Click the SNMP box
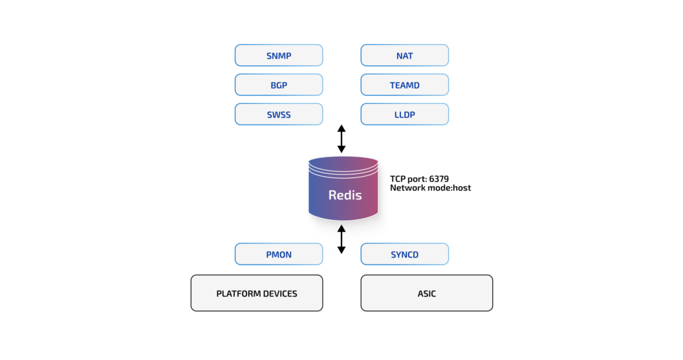click(279, 55)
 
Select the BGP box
click(279, 85)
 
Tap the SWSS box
click(279, 115)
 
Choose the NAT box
click(404, 55)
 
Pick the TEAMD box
click(404, 85)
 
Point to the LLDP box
click(404, 115)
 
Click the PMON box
click(279, 255)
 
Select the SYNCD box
click(404, 255)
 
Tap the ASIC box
click(426, 293)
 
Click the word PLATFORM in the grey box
click(237, 293)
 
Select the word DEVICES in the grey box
click(279, 293)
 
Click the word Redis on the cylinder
click(345, 195)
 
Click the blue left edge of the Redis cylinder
click(311, 193)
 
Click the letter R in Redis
click(332, 195)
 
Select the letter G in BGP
click(279, 85)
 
